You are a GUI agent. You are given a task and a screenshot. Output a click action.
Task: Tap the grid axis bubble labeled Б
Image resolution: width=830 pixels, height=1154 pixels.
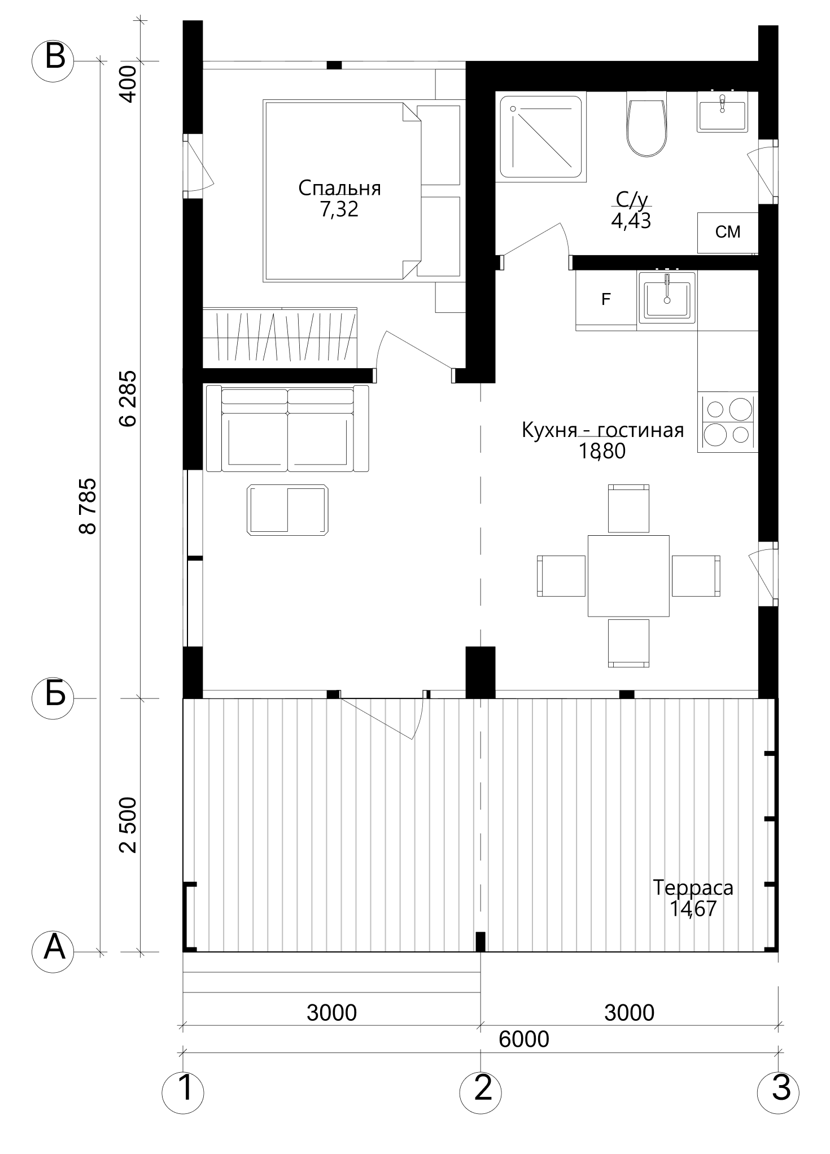[54, 698]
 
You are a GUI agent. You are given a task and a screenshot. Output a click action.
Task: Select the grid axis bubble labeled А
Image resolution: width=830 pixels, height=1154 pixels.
[54, 951]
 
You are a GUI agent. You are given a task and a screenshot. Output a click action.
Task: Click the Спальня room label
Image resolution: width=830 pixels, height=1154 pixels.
[339, 188]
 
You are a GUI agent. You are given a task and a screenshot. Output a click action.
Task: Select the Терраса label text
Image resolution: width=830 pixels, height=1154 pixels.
[693, 887]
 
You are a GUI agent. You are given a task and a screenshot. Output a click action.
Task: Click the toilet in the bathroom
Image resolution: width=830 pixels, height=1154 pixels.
[647, 125]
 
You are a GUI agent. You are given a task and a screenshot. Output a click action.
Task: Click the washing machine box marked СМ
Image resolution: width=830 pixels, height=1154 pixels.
[728, 233]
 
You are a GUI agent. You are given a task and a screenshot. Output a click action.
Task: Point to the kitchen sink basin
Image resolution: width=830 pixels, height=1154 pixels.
[667, 298]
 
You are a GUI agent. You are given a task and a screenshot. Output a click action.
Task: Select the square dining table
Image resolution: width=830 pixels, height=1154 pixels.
[628, 575]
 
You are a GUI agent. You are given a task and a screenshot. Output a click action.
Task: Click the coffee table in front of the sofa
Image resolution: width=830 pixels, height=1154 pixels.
[288, 509]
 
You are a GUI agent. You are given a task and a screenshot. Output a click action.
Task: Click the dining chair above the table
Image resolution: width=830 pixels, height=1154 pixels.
[628, 508]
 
